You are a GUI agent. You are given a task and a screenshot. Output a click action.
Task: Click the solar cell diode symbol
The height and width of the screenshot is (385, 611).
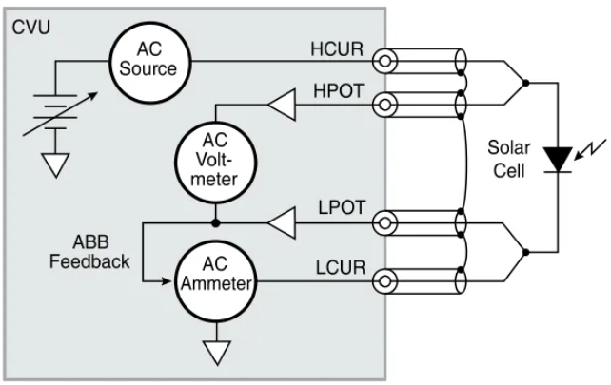(557, 156)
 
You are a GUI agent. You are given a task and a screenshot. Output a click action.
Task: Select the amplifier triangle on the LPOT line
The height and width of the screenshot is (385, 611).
(281, 224)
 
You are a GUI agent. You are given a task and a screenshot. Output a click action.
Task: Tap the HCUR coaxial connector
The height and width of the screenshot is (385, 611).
(385, 61)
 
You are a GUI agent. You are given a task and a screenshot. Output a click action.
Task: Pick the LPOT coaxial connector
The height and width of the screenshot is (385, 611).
(385, 224)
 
